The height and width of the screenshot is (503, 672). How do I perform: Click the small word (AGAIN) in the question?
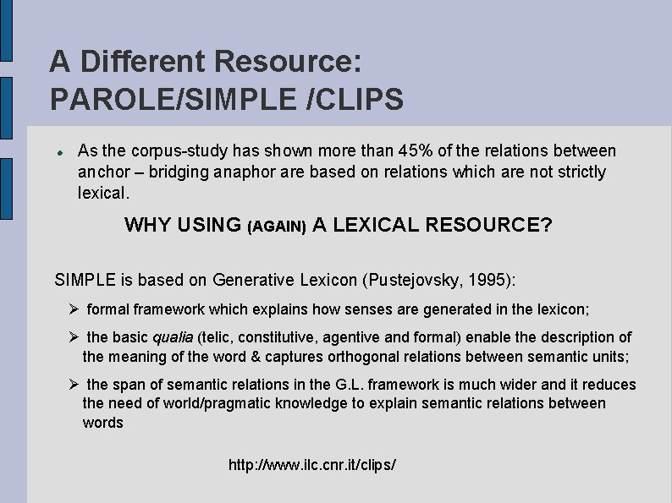point(276,227)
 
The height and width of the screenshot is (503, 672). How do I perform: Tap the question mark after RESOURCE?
point(545,225)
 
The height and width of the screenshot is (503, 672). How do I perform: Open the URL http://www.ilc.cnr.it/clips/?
point(312,465)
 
